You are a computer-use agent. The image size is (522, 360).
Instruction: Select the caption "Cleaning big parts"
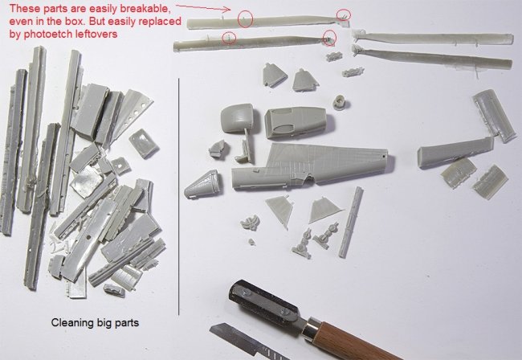coord(95,322)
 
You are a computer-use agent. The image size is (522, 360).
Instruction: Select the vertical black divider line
coord(179,197)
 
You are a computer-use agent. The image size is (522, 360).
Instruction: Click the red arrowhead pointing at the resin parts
coord(227,10)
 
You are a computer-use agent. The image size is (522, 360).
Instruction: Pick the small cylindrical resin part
coord(340,101)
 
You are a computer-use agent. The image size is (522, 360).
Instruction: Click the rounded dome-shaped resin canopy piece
coord(237,118)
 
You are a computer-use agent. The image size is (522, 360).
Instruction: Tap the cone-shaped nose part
coord(202,184)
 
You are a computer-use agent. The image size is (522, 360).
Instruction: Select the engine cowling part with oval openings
coord(296,122)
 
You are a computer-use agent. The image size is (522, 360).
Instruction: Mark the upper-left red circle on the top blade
coord(245,19)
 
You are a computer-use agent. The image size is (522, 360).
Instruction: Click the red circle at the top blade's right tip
coord(343,15)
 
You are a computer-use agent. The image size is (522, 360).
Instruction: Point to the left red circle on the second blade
coord(229,37)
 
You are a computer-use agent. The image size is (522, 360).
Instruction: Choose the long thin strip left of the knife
coord(351,222)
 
